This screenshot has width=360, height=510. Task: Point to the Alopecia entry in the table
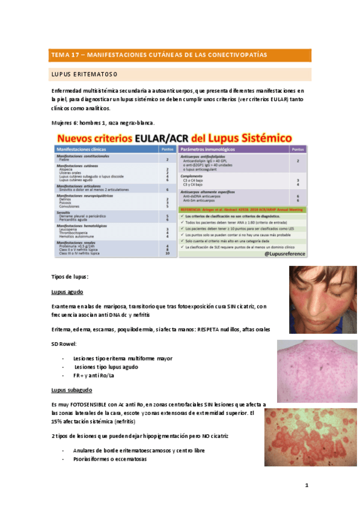click(66, 170)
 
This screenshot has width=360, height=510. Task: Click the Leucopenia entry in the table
click(69, 229)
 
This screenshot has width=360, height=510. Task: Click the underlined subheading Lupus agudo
click(67, 292)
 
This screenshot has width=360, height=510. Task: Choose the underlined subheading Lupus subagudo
click(72, 390)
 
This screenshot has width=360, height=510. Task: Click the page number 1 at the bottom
click(307, 485)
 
